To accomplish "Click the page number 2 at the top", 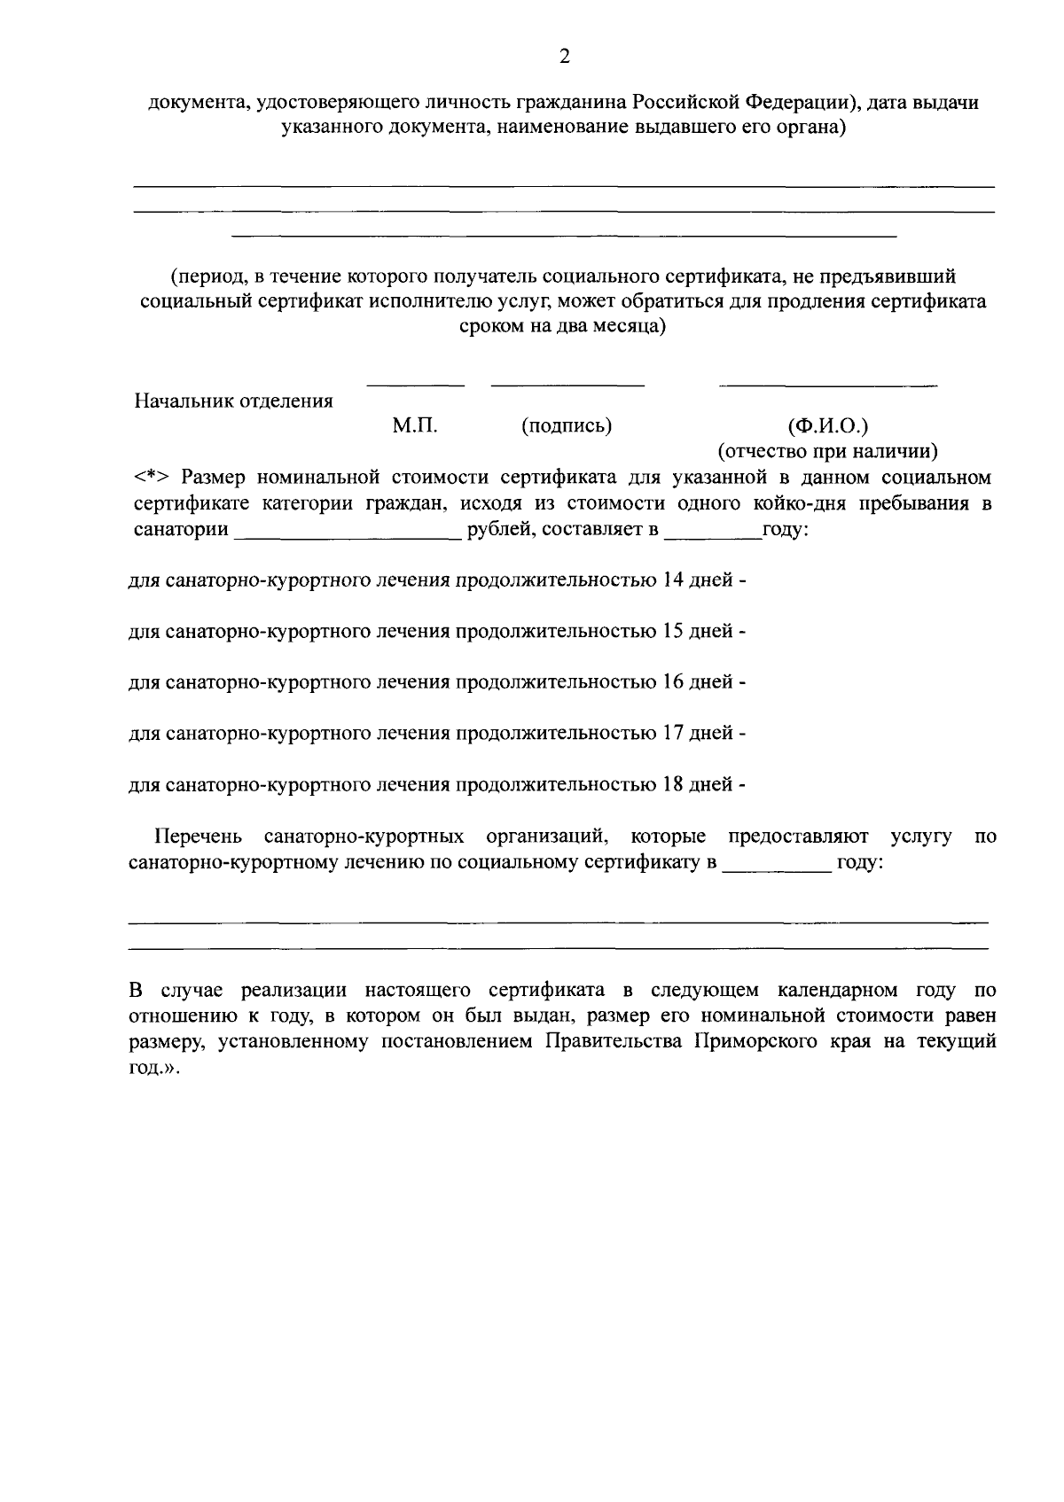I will [x=564, y=57].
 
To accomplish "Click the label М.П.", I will [x=415, y=426].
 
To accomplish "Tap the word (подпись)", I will [x=567, y=426].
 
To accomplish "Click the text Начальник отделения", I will [x=233, y=401].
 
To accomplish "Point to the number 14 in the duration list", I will [x=673, y=581].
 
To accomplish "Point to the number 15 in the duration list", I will [x=673, y=632].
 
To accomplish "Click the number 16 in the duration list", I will [x=673, y=682].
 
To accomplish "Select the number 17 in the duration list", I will [x=673, y=734].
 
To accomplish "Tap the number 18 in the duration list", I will [x=673, y=784].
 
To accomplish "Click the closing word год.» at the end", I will [x=154, y=1068].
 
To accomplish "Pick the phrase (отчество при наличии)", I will [x=828, y=452].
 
